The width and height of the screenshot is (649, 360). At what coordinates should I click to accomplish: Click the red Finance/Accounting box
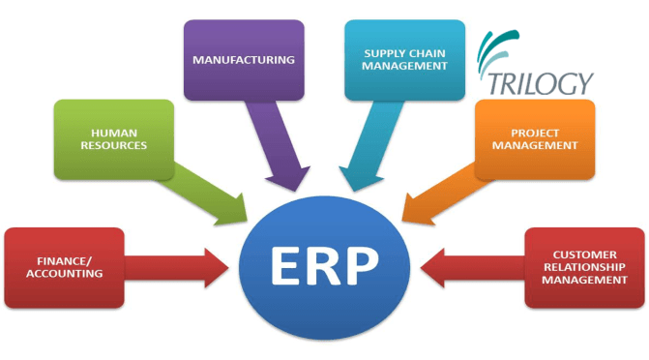pos(64,265)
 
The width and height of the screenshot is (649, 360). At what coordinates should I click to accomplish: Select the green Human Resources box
pos(113,137)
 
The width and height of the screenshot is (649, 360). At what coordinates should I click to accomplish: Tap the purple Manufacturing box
pos(243,60)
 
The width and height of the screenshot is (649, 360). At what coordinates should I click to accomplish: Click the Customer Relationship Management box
pos(584,265)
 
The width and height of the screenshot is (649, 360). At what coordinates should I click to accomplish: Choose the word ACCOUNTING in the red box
pos(64,273)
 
